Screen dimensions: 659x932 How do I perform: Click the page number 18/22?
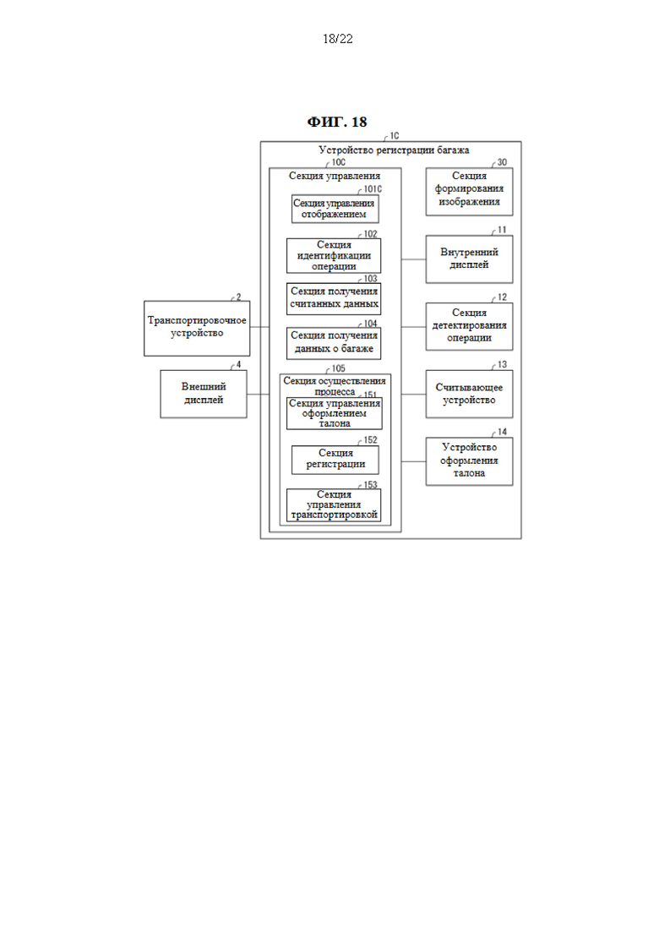coord(337,39)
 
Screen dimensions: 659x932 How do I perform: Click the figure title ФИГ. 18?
coord(337,122)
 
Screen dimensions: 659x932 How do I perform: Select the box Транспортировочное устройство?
coord(197,329)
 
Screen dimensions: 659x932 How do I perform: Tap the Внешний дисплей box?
coord(204,394)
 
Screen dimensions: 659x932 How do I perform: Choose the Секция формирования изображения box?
coord(469,192)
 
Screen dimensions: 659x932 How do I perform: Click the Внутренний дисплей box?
coord(469,259)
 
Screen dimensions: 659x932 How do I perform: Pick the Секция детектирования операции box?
coord(469,326)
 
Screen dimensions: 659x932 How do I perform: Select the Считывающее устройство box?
coord(469,394)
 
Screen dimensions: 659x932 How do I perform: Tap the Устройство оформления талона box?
coord(469,461)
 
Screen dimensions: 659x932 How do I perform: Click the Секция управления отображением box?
coord(335,209)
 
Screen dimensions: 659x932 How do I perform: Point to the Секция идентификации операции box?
coord(334,255)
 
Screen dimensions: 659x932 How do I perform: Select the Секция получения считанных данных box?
coord(334,298)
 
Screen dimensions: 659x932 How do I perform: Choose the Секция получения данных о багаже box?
coord(334,343)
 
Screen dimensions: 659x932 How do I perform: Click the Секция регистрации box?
coord(335,460)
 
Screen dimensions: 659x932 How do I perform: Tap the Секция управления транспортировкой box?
coord(334,505)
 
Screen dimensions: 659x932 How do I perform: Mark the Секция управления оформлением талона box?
coord(334,413)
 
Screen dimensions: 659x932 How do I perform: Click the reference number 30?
coord(502,162)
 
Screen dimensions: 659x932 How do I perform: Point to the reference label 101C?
coord(373,189)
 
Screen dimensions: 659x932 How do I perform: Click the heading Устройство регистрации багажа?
coord(394,150)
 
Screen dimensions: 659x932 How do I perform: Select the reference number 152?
coord(370,440)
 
